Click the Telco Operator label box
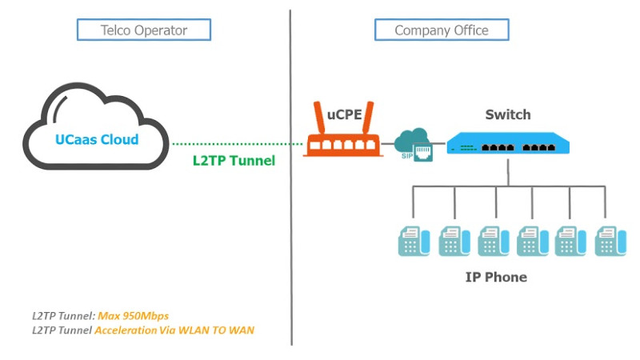144,30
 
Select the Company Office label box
442,30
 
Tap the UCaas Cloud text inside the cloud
97,139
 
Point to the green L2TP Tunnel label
234,160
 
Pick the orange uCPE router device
344,145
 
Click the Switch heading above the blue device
507,115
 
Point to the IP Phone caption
496,278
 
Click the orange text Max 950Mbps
134,315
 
